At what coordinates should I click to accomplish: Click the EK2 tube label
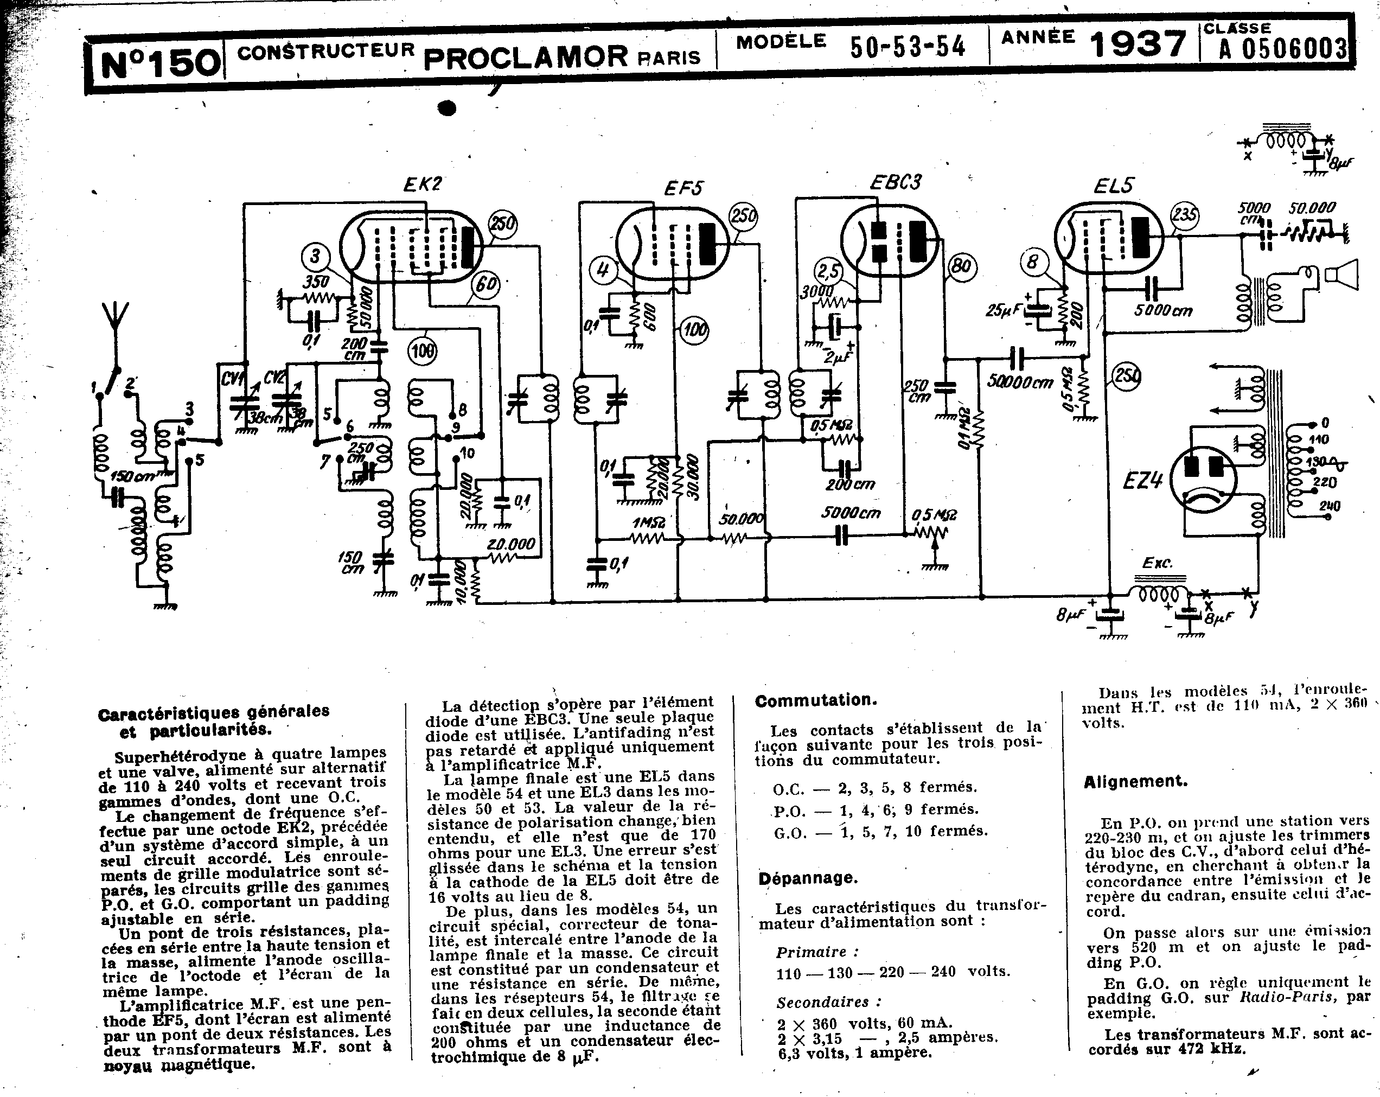click(x=423, y=184)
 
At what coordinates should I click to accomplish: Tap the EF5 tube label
click(x=683, y=188)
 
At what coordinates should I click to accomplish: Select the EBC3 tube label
click(x=895, y=182)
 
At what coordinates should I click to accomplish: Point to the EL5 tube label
click(x=1113, y=186)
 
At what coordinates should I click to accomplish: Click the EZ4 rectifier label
click(x=1142, y=480)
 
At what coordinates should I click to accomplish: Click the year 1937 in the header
click(x=1138, y=45)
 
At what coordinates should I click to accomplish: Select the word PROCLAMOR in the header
click(x=526, y=56)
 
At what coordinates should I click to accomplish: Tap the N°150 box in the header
click(x=160, y=64)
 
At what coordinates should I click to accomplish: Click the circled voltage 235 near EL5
click(x=1184, y=215)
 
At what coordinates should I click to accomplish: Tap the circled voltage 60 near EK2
click(x=486, y=284)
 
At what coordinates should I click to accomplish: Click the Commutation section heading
click(x=815, y=700)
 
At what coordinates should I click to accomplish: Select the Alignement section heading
click(x=1135, y=781)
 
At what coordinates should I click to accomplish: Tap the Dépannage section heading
click(x=808, y=878)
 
